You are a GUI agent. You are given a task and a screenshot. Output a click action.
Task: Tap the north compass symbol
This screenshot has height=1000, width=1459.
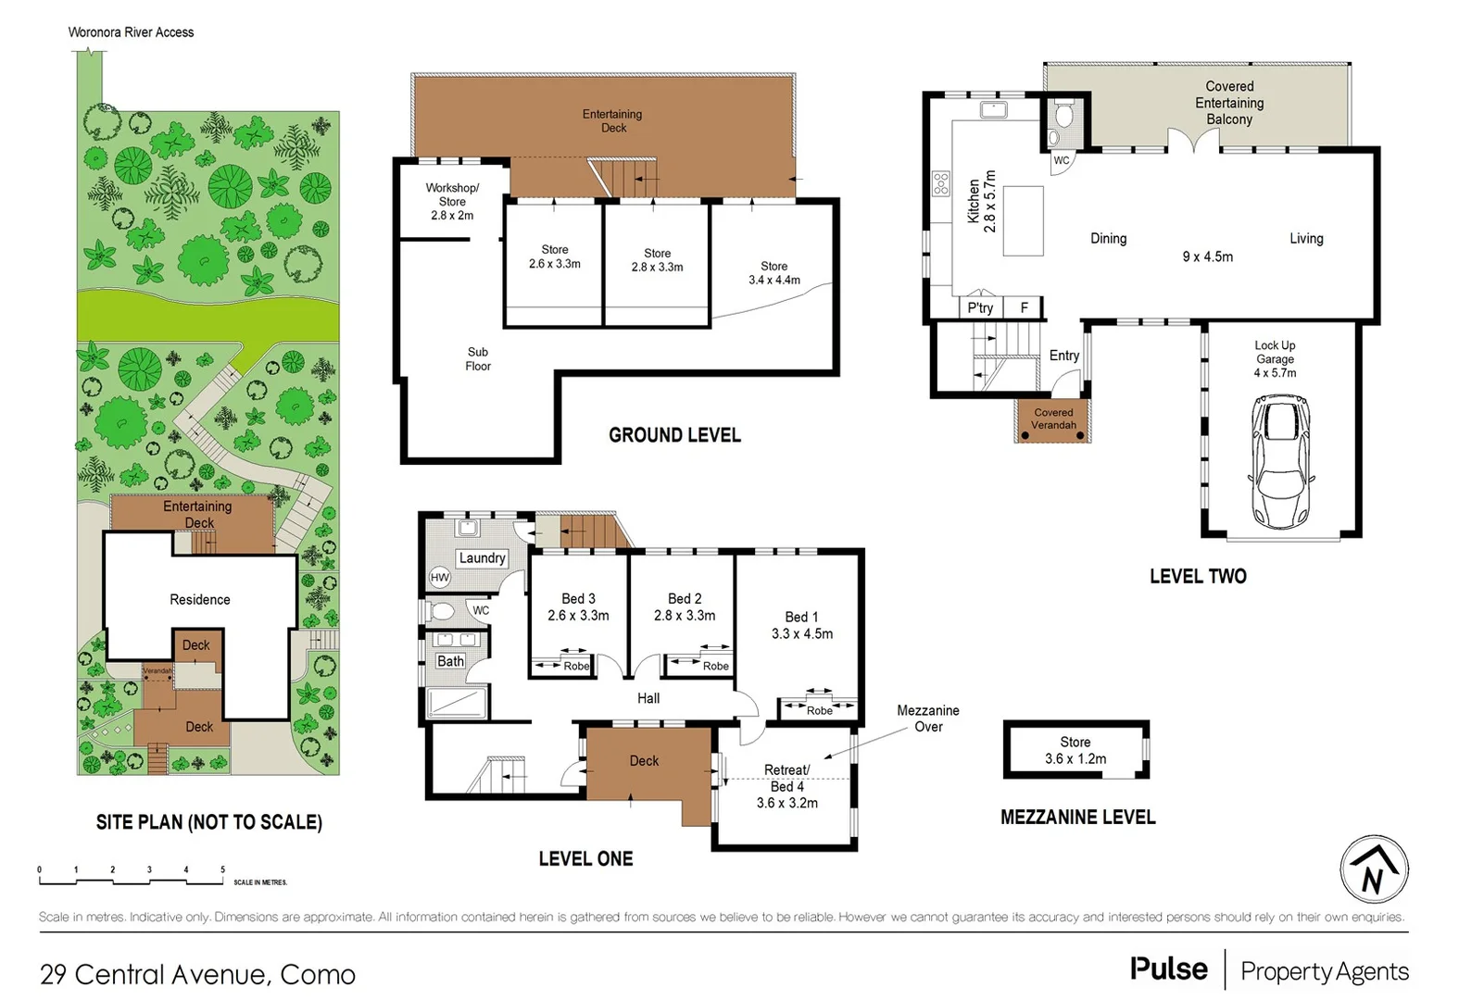click(x=1374, y=869)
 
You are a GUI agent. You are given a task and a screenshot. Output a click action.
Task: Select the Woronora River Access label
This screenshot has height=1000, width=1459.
click(x=131, y=32)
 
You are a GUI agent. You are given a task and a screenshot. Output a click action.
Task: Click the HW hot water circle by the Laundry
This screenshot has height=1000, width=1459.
click(x=439, y=578)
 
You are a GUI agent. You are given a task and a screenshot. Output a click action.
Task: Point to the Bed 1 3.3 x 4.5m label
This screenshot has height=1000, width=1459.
click(x=801, y=625)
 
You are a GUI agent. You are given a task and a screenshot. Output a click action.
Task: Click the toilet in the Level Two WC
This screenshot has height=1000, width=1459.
click(x=1064, y=117)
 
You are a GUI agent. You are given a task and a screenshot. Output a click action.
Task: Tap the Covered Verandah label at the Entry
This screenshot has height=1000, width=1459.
click(x=1053, y=419)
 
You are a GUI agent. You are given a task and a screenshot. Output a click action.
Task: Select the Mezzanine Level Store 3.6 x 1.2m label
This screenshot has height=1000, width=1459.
click(x=1075, y=750)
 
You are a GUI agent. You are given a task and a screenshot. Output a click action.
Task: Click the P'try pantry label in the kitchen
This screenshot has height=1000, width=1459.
click(x=980, y=308)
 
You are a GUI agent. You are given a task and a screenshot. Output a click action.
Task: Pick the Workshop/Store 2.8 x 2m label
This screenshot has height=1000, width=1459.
click(x=452, y=201)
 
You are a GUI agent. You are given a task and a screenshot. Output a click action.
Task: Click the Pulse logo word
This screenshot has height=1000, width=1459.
click(x=1168, y=969)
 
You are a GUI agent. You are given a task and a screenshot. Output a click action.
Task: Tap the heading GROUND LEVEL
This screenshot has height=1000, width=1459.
click(x=674, y=435)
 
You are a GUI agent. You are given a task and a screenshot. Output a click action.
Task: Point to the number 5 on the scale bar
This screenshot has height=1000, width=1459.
click(x=222, y=870)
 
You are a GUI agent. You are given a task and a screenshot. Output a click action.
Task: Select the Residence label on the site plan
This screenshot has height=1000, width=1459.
click(x=200, y=600)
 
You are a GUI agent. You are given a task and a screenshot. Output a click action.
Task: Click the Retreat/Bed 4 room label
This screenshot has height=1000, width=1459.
click(x=786, y=786)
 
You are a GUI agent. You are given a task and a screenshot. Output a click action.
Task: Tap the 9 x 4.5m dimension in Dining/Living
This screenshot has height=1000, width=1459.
click(x=1207, y=257)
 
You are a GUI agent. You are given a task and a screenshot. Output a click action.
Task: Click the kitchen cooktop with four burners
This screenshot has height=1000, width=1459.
click(x=941, y=182)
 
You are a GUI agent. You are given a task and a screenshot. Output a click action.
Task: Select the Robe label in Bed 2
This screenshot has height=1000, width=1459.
click(x=715, y=667)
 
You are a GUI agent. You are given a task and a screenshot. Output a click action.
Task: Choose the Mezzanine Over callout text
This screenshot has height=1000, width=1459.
click(x=927, y=719)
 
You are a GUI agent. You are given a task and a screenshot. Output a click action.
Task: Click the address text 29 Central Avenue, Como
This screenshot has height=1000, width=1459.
click(x=197, y=974)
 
